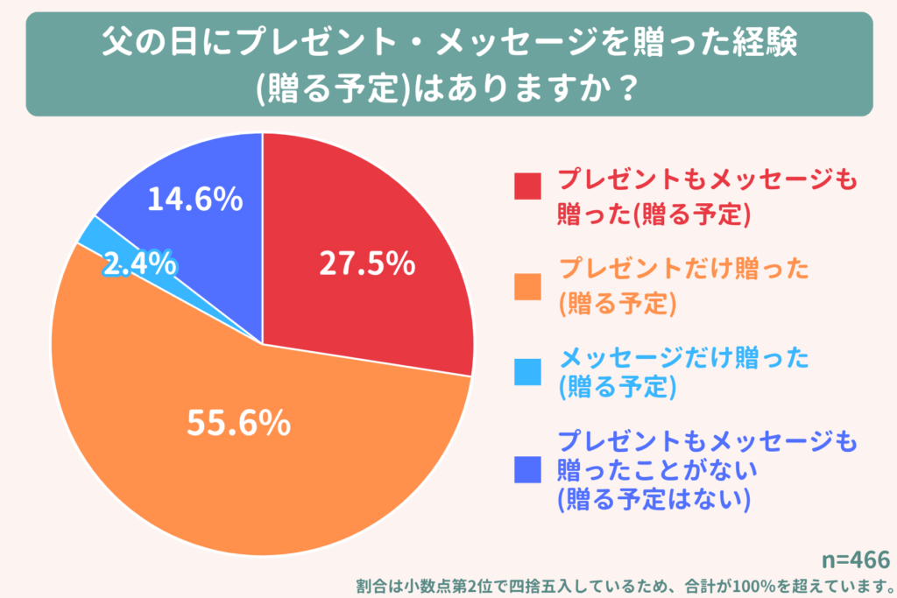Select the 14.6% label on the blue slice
(194, 200)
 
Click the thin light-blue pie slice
(92, 231)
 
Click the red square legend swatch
(529, 186)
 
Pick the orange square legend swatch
(529, 285)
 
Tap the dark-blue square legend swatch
(529, 471)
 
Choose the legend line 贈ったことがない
(656, 471)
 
